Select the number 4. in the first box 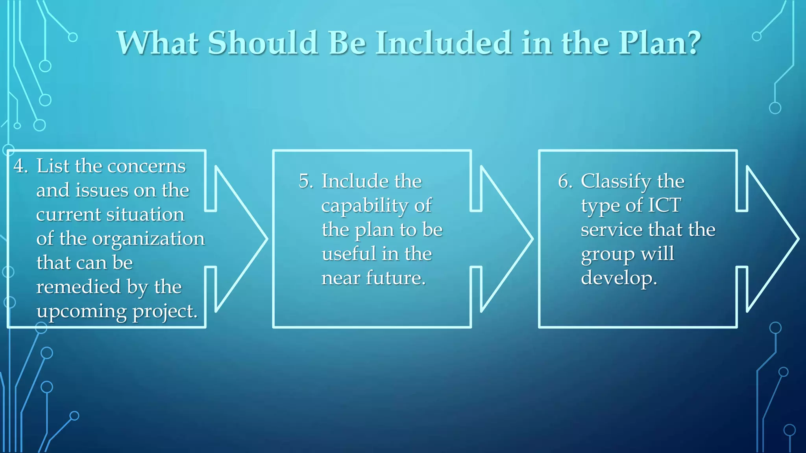pos(20,166)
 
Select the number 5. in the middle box pos(306,181)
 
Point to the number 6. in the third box pos(565,181)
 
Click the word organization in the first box pos(148,239)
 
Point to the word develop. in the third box pos(619,278)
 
